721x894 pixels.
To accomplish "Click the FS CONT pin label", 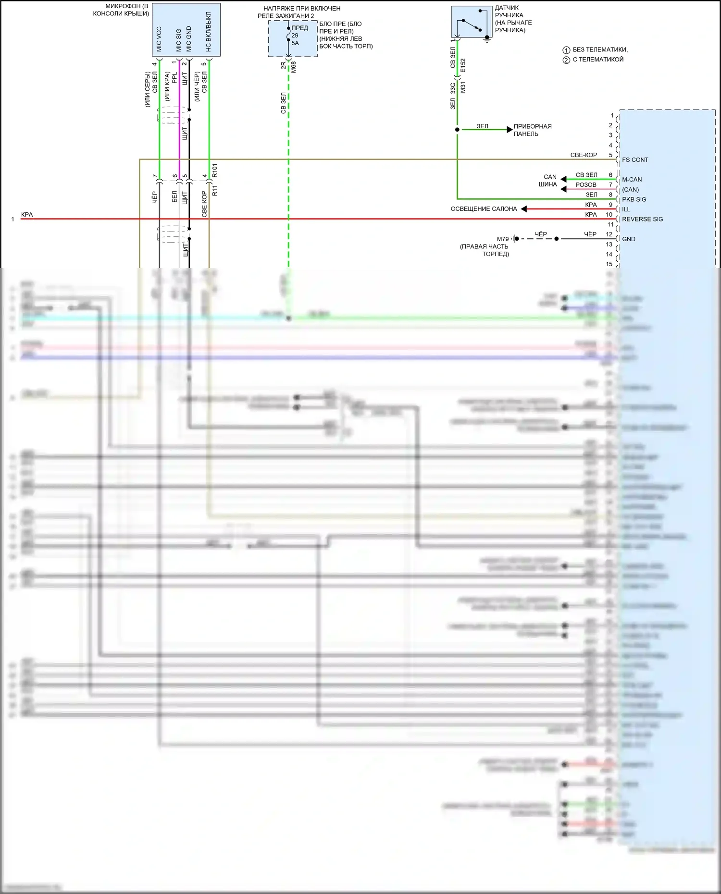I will (634, 160).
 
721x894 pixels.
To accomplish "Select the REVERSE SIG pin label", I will (642, 219).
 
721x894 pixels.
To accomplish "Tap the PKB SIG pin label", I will (634, 199).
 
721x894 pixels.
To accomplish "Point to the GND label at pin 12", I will (629, 239).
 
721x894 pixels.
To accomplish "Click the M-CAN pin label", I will (632, 180).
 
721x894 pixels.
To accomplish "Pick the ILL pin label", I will (626, 209).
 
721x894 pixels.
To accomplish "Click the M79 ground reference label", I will (503, 239).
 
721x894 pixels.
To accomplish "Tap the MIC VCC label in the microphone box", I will (159, 39).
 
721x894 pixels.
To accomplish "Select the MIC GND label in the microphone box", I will (189, 39).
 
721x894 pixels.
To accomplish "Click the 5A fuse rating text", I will (295, 43).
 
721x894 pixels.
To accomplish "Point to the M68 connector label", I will (293, 67).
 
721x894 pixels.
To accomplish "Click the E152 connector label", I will (463, 65).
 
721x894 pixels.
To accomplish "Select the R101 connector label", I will (215, 171).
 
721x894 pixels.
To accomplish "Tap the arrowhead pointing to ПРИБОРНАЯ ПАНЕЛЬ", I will (510, 130).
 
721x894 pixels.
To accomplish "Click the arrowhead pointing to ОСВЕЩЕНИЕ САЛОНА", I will (524, 209).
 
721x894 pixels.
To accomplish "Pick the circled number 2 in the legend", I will (566, 60).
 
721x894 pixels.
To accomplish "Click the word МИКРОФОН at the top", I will (123, 6).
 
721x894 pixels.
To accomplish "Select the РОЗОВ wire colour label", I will (585, 185).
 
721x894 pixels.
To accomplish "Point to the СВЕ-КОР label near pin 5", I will (584, 155).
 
